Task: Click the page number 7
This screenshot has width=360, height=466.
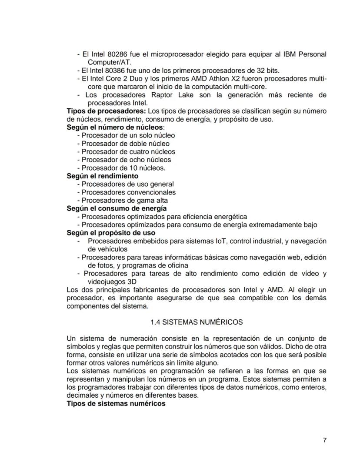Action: click(x=325, y=440)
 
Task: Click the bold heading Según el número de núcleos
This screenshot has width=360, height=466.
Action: click(x=115, y=127)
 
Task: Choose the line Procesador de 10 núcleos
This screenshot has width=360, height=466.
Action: click(x=123, y=168)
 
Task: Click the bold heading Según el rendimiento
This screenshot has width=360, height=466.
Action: click(x=103, y=176)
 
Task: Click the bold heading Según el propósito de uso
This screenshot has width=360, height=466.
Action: click(x=111, y=233)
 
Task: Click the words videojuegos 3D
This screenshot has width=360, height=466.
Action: click(x=110, y=282)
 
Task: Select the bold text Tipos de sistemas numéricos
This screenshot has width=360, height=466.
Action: click(x=116, y=403)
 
